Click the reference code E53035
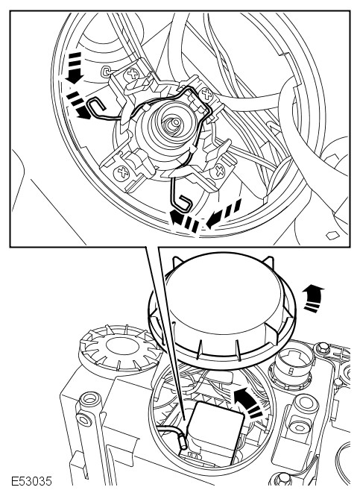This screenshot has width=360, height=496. click(x=31, y=481)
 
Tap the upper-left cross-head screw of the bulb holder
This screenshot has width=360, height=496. click(x=131, y=75)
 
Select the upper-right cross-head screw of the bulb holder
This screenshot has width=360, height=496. click(x=207, y=94)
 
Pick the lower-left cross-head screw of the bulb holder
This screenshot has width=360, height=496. click(x=121, y=173)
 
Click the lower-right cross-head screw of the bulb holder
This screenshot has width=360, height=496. click(x=219, y=171)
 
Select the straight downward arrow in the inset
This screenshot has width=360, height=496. click(x=75, y=68)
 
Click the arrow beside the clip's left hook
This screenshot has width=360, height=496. click(x=79, y=106)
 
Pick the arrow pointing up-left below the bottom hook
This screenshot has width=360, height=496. click(x=185, y=222)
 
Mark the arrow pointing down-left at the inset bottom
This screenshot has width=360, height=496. click(x=224, y=213)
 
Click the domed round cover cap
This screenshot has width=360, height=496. click(x=223, y=306)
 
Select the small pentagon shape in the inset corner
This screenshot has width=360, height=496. click(x=332, y=236)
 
